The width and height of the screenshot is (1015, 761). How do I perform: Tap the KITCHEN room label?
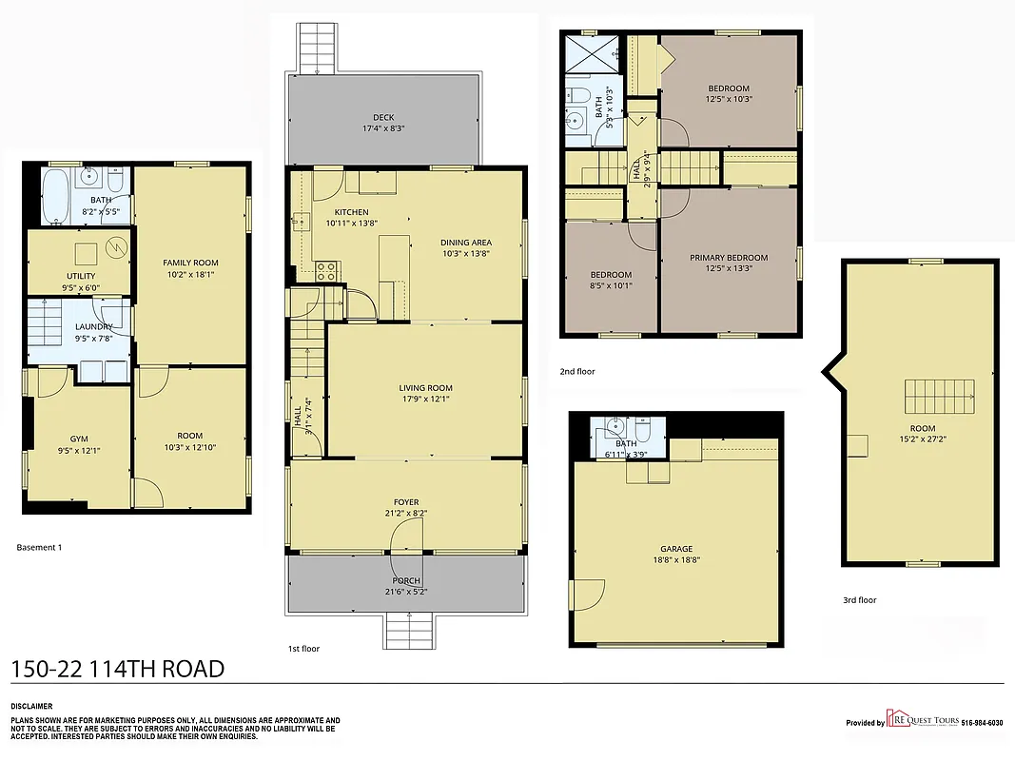[351, 212]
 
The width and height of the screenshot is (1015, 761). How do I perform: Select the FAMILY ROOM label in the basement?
[190, 263]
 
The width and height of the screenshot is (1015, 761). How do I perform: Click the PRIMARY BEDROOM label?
[729, 258]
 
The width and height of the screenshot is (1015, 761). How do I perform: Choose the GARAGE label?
[676, 549]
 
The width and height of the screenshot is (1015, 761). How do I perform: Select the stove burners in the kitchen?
[327, 270]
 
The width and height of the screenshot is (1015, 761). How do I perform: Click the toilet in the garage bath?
[642, 434]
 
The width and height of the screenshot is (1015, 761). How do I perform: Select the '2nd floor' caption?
[577, 371]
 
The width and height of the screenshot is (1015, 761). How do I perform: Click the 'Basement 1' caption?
[40, 547]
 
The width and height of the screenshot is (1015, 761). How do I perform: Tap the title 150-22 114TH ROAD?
[118, 669]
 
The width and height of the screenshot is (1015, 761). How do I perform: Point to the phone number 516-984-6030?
[982, 723]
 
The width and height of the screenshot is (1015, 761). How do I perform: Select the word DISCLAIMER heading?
[31, 707]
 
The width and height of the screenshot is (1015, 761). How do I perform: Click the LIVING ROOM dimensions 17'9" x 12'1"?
[425, 400]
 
